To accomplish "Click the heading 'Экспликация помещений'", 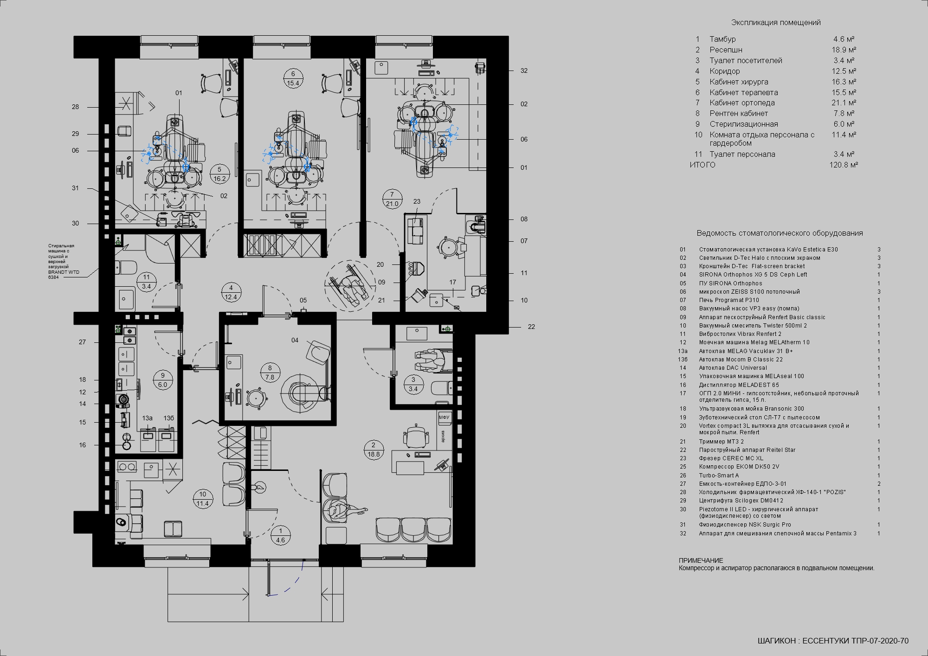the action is coord(776,22).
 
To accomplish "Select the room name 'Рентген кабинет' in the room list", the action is coord(738,113).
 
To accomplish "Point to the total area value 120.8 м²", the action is coord(844,165).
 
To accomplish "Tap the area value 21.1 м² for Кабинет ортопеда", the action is coord(844,103).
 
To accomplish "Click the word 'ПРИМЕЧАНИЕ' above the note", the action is coord(701,560).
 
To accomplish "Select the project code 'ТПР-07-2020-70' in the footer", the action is coord(880,641).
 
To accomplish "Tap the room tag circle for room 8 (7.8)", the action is coord(270,373).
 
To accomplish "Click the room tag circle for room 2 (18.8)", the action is coord(374,450).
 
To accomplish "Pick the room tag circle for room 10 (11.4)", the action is coord(203,499).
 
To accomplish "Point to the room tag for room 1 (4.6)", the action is coord(280,535).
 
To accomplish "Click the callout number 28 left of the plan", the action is coord(75,107).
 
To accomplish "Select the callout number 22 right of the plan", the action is coord(531,327).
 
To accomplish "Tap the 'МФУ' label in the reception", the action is coord(444,418).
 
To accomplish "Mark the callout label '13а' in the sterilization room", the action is coord(147,418).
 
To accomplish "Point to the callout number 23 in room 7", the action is coord(417,201).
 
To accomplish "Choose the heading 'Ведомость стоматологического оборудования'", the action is coord(780,233).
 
